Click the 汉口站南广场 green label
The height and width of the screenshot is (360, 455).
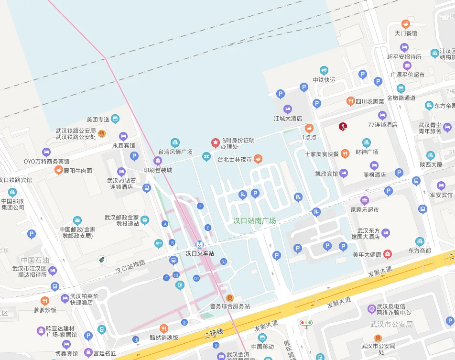coord(254,221)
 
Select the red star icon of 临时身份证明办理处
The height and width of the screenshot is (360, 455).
coord(216,142)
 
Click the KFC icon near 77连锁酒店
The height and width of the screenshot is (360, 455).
coord(342,126)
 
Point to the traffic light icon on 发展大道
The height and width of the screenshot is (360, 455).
coord(305,323)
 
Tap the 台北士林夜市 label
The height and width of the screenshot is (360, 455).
coord(235,159)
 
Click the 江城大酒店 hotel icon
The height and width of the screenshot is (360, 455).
coord(288,109)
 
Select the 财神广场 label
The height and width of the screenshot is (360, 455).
coord(367,152)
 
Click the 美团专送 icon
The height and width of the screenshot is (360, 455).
coord(115,119)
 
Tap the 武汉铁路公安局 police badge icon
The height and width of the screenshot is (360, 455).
coord(102,134)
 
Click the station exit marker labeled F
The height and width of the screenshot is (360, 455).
coord(200,206)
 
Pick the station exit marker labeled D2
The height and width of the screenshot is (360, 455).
coord(224,262)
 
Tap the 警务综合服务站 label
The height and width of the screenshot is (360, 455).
coord(230,306)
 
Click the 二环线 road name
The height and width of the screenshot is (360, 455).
coord(213,333)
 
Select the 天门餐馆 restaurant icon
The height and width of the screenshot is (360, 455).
coord(406,23)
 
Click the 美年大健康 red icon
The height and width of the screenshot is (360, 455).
coord(388,254)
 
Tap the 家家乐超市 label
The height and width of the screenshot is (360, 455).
coord(365,209)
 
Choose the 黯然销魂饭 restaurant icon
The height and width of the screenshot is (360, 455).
coord(164,328)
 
